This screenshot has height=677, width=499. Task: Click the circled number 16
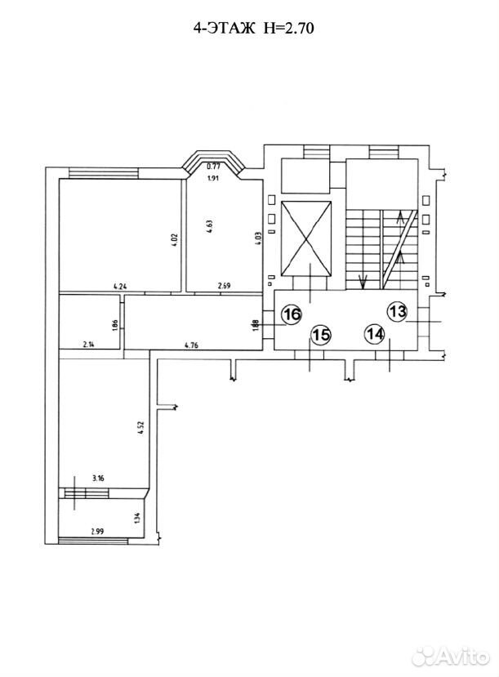pyautogui.click(x=292, y=314)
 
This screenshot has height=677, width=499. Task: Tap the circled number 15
pyautogui.click(x=321, y=334)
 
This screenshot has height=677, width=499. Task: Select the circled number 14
pyautogui.click(x=374, y=333)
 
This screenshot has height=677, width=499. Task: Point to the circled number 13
pyautogui.click(x=397, y=311)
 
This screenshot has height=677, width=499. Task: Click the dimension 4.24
pyautogui.click(x=120, y=285)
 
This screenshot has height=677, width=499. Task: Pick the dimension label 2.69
pyautogui.click(x=225, y=285)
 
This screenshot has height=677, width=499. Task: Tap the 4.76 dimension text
pyautogui.click(x=191, y=345)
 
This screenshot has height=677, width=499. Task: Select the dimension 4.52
pyautogui.click(x=141, y=428)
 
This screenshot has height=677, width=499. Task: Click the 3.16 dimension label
pyautogui.click(x=99, y=478)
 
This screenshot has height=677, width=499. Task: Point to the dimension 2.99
pyautogui.click(x=97, y=532)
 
